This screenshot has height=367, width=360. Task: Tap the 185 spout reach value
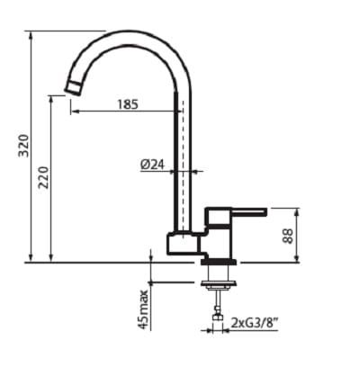click(x=128, y=104)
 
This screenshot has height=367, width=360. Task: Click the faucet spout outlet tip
click(x=71, y=85)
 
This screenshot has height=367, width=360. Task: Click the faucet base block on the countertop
click(x=183, y=245)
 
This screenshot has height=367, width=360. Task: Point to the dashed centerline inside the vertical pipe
click(x=183, y=162)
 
